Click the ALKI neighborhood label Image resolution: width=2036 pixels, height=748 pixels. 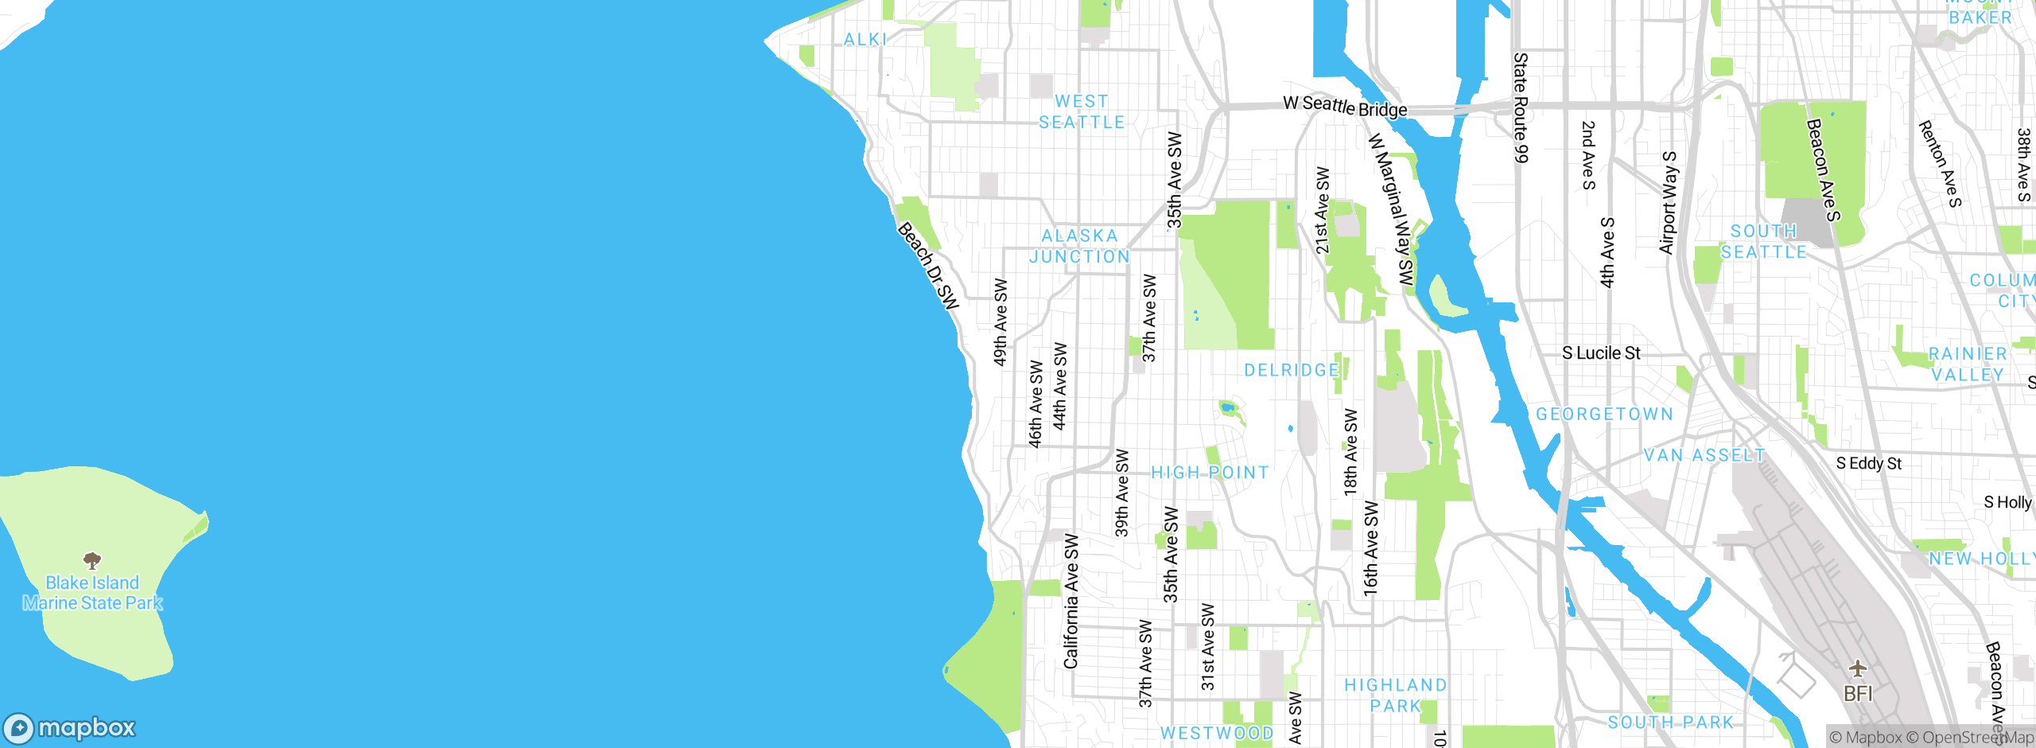point(865,39)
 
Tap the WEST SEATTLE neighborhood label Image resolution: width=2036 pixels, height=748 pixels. point(1082,112)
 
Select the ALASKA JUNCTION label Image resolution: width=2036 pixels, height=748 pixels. point(1079,246)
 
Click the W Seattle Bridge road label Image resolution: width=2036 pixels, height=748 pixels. point(1345,106)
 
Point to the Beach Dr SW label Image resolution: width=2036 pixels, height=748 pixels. point(928,265)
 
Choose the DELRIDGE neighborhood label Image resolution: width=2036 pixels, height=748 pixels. point(1292,370)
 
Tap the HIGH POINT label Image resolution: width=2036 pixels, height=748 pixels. point(1210,473)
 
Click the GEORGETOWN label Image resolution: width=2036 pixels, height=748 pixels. point(1604,414)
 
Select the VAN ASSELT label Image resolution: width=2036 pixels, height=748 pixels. point(1704,455)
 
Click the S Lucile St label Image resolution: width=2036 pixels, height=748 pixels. point(1601,353)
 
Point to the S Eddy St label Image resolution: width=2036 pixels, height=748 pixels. point(1868,463)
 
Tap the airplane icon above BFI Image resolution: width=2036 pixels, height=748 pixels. point(1858,668)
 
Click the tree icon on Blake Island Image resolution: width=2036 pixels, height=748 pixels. point(92,560)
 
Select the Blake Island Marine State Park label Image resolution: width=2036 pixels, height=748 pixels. point(92,593)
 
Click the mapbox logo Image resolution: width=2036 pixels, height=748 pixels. point(70,728)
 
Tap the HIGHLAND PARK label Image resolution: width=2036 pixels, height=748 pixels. point(1395,695)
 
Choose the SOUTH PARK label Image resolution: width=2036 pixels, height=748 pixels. point(1670,723)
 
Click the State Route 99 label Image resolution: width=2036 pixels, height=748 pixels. point(1521,107)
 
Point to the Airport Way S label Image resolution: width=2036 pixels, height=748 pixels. point(1669,203)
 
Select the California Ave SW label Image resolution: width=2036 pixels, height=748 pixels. point(1071,602)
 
